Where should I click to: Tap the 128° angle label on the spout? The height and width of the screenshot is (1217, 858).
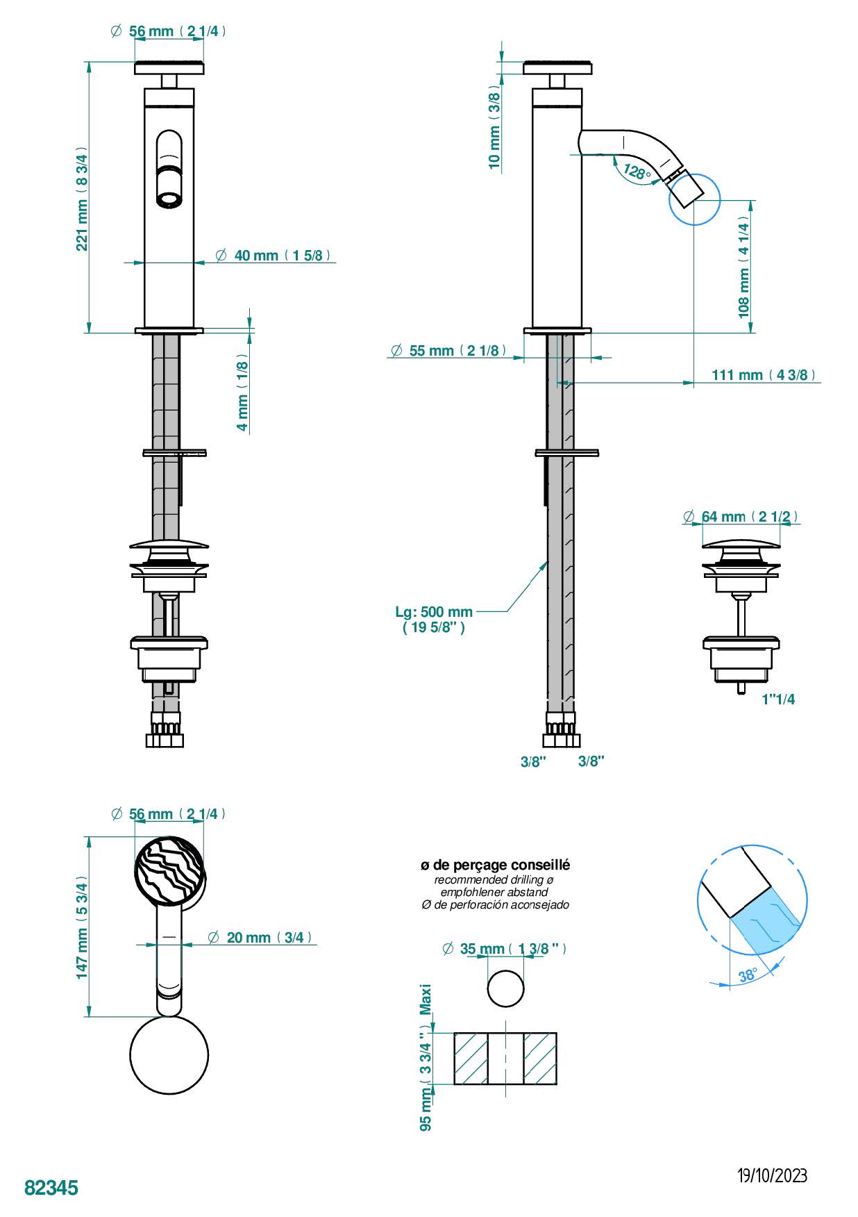[636, 171]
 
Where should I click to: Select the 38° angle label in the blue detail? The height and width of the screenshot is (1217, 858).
[748, 975]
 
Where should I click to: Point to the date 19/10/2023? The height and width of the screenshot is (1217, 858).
[772, 1175]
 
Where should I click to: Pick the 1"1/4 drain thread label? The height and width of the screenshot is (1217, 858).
[778, 699]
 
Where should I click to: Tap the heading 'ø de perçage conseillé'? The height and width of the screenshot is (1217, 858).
[495, 865]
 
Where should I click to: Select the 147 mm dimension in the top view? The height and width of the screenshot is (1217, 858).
[82, 927]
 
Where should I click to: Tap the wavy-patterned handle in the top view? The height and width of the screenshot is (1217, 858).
[169, 871]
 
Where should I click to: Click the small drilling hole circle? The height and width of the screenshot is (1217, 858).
[505, 988]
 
